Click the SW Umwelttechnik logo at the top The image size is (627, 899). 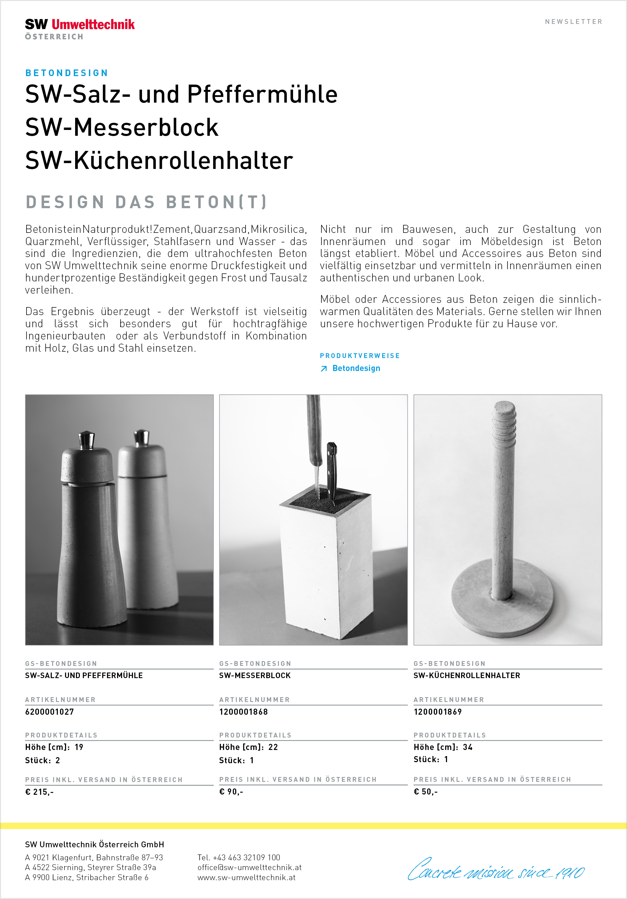pyautogui.click(x=80, y=28)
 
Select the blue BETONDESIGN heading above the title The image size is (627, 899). pyautogui.click(x=67, y=73)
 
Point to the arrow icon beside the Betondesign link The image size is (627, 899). pyautogui.click(x=324, y=369)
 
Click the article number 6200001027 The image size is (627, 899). pyautogui.click(x=49, y=712)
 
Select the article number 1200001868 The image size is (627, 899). pyautogui.click(x=243, y=712)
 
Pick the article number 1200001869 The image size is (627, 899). pyautogui.click(x=438, y=712)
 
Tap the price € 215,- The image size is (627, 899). pyautogui.click(x=39, y=792)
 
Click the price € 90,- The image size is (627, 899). pyautogui.click(x=231, y=792)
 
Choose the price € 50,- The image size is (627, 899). pyautogui.click(x=426, y=792)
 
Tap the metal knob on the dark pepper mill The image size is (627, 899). pyautogui.click(x=86, y=440)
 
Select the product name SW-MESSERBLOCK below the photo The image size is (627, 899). pyautogui.click(x=255, y=675)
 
